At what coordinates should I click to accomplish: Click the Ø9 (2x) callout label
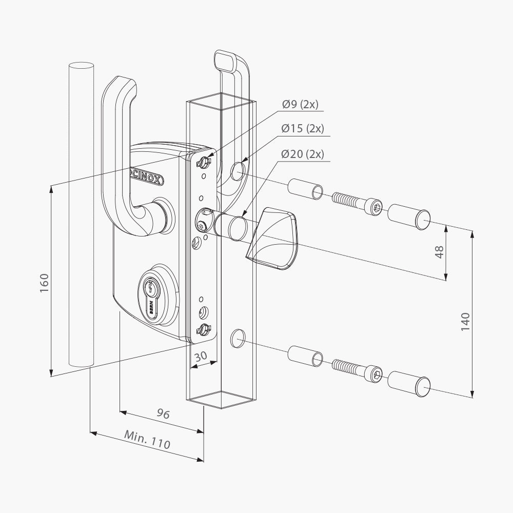300,105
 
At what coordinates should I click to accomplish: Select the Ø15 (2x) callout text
303,129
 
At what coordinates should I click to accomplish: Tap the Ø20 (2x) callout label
303,153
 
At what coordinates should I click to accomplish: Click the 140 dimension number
465,322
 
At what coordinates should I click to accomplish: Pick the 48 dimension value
440,251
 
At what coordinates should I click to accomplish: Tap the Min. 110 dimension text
147,440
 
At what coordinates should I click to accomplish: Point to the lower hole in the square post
237,337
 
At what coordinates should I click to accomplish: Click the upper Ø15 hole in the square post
238,171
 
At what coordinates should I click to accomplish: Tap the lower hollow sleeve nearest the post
305,356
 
